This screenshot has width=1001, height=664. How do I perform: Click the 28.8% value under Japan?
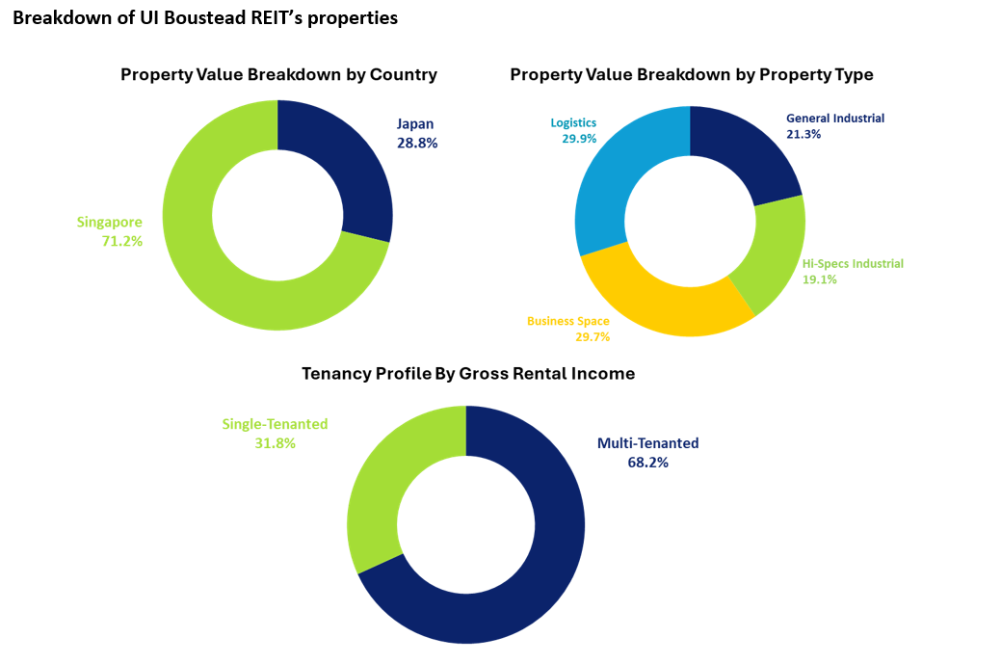click(x=417, y=142)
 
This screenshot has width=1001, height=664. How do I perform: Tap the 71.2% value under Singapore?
click(x=122, y=241)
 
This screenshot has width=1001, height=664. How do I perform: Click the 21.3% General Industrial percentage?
click(x=803, y=135)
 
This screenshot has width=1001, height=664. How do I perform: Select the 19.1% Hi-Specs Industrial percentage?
click(x=820, y=279)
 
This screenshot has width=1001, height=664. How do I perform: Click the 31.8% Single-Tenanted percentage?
click(x=276, y=443)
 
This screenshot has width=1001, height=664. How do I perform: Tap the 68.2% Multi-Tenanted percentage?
click(x=647, y=463)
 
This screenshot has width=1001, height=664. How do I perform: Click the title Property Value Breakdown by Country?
click(x=278, y=75)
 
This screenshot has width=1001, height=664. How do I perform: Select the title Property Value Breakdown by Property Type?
click(x=691, y=75)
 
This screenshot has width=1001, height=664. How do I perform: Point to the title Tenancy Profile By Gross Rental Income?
click(x=468, y=374)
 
